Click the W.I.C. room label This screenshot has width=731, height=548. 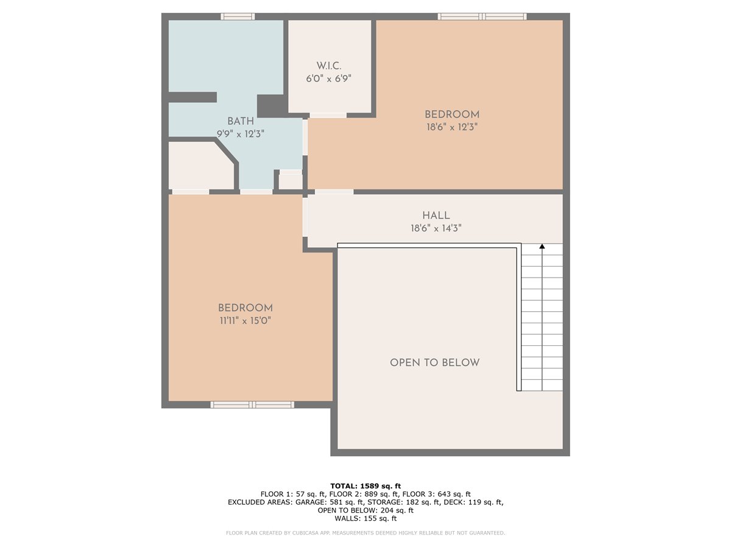[328, 66]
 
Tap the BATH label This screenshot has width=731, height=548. [241, 121]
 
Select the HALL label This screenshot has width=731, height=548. [436, 216]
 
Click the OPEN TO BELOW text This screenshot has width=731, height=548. [434, 363]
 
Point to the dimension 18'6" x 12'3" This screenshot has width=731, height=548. [452, 127]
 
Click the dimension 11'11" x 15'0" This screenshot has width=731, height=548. [245, 321]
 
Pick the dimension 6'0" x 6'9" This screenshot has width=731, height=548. [328, 79]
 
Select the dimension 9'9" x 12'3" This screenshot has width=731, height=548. [241, 134]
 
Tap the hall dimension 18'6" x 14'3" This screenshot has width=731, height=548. [436, 228]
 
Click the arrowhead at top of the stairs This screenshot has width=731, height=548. [542, 246]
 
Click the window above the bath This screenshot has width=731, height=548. [238, 16]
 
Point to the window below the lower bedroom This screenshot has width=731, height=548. [252, 404]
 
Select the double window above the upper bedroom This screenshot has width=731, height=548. [482, 16]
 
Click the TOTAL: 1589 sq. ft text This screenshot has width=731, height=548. [365, 486]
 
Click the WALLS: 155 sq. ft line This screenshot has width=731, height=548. [365, 518]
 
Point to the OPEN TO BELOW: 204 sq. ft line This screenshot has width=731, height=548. [365, 510]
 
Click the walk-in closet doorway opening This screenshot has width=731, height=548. [328, 115]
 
